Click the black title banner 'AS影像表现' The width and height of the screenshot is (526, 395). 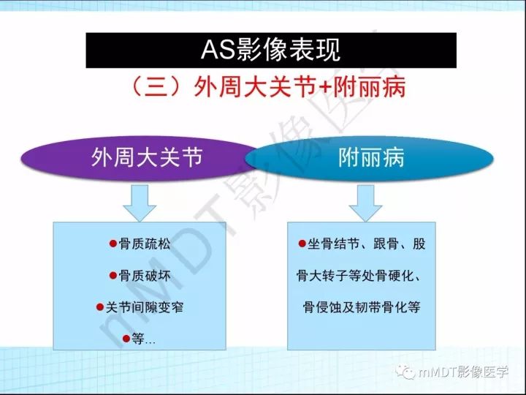click(x=271, y=50)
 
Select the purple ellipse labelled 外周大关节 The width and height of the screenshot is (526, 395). click(x=146, y=158)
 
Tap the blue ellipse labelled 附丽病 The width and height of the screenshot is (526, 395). click(x=372, y=158)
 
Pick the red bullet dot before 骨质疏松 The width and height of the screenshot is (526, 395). click(x=113, y=244)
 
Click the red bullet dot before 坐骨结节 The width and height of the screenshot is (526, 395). click(x=302, y=244)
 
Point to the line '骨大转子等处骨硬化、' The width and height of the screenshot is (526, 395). click(x=362, y=276)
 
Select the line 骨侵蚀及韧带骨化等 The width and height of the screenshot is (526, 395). click(x=362, y=307)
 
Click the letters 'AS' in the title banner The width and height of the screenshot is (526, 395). click(x=216, y=50)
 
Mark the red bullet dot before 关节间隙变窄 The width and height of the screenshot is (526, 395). click(x=101, y=307)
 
